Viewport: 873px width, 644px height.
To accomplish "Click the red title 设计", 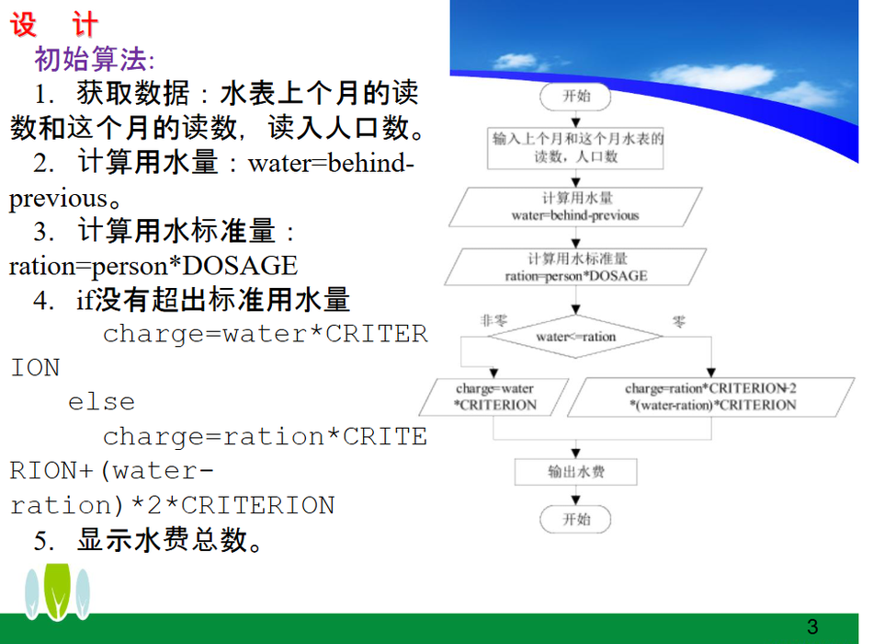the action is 54,25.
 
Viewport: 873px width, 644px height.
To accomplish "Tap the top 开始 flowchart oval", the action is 575,97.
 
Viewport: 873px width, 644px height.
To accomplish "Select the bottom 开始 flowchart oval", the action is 575,520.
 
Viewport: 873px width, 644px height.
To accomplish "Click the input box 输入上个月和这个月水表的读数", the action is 575,148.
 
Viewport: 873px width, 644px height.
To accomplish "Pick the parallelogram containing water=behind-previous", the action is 575,207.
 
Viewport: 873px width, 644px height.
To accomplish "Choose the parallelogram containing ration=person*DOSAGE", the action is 575,267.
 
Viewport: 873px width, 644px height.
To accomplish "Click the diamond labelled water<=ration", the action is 575,337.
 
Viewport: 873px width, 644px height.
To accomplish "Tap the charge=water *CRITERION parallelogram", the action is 493,397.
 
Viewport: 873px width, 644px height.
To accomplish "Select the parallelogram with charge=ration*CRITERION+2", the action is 711,397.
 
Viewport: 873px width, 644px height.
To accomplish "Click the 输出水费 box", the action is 575,472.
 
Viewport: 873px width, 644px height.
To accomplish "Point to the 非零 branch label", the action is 493,320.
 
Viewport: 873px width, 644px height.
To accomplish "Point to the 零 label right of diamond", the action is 679,322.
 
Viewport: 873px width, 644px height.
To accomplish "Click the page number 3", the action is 812,627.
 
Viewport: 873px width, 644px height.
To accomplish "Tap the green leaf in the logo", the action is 57,592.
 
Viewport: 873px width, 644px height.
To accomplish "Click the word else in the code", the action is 101,402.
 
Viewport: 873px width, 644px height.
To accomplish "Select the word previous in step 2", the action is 58,199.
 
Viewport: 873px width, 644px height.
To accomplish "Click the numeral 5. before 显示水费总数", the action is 43,541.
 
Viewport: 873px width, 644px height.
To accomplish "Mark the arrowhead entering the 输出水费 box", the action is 575,454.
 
